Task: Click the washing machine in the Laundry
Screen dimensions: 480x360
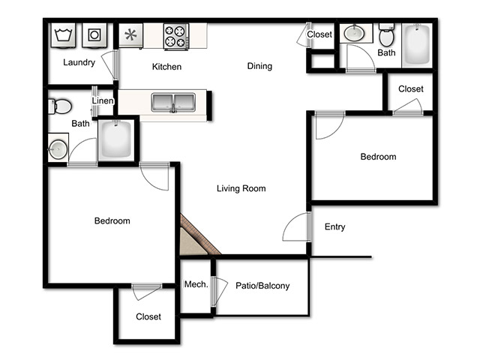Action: coord(63,35)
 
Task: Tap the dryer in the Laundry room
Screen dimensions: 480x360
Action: coord(94,35)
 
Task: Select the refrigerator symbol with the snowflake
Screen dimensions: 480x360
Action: coord(130,35)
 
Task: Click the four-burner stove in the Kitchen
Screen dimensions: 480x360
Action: coord(176,36)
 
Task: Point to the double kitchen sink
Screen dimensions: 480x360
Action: coord(173,103)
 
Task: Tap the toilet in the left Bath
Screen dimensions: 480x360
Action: coord(60,106)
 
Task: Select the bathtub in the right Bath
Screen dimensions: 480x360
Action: coord(417,45)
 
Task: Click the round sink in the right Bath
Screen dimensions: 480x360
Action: coord(354,33)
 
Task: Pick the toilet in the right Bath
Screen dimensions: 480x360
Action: coord(387,34)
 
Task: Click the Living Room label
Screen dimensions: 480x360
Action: coord(241,188)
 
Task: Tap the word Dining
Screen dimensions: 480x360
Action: coord(259,66)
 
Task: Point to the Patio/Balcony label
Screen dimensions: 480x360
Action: coord(262,286)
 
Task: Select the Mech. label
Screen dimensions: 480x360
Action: coord(196,284)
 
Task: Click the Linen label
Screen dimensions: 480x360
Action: coord(103,100)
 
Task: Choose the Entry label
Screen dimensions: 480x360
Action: coord(335,226)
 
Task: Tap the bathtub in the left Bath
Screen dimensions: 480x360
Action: coord(116,139)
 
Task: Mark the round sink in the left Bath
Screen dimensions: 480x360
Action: coord(58,149)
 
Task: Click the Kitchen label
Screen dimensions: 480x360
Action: coord(166,67)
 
